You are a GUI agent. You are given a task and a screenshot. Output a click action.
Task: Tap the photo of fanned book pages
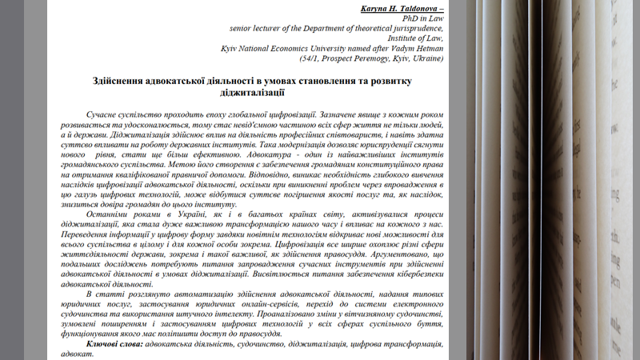(552, 180)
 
